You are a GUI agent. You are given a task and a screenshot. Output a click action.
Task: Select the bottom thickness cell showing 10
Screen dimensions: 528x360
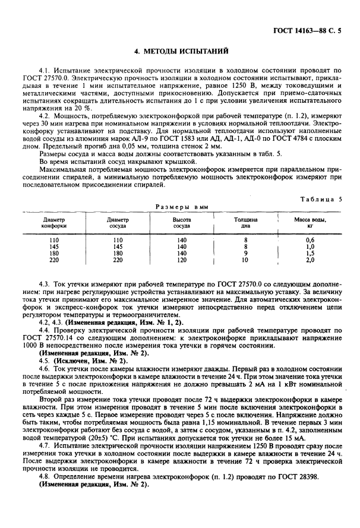coord(245,260)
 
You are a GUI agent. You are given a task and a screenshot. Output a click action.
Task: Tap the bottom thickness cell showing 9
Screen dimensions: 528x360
coord(245,253)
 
